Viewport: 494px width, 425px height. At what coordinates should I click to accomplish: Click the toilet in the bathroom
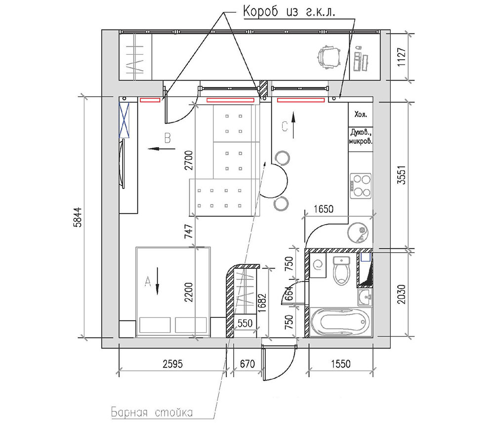click(x=341, y=270)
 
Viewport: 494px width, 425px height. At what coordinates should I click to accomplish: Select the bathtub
click(x=340, y=322)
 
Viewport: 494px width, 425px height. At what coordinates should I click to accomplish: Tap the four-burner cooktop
click(x=361, y=186)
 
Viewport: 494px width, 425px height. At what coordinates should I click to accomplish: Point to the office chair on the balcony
click(x=329, y=57)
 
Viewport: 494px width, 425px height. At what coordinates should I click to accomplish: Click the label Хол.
click(x=361, y=115)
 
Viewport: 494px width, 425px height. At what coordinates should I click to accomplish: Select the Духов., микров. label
click(x=361, y=136)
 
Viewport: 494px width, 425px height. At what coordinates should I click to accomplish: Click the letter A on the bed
click(x=147, y=281)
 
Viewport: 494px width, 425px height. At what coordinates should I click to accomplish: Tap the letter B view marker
click(x=167, y=138)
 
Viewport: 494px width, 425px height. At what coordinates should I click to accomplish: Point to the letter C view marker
click(x=285, y=126)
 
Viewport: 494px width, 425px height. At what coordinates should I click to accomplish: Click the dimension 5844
click(x=77, y=217)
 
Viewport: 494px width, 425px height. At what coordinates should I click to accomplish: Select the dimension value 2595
click(x=172, y=364)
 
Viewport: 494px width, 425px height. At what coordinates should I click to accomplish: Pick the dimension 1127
click(x=402, y=57)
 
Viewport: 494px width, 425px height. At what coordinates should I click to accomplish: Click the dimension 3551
click(x=402, y=175)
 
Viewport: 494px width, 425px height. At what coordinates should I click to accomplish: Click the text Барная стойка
click(x=152, y=412)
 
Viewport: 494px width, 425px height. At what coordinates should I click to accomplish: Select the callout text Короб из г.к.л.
click(x=289, y=12)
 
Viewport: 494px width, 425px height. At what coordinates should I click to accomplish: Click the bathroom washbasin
click(x=365, y=297)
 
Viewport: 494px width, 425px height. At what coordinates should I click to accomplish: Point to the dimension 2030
click(x=402, y=294)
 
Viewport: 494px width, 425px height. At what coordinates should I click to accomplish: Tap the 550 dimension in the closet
click(x=245, y=323)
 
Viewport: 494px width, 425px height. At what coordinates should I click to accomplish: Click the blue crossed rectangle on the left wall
click(x=124, y=120)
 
